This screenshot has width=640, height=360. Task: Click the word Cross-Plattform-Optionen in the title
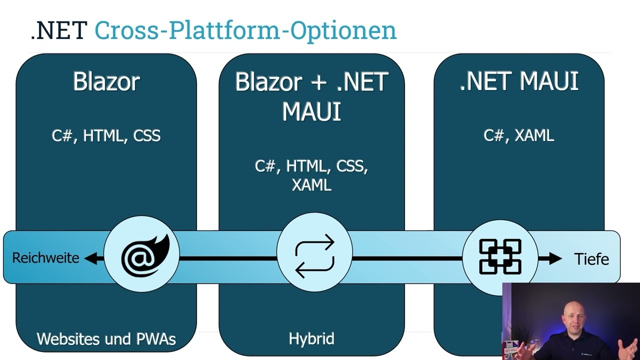point(245,31)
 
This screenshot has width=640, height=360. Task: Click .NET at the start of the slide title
point(59,31)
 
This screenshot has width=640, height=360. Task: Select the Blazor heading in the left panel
point(106,81)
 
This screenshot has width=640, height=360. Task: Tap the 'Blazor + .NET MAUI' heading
point(311,96)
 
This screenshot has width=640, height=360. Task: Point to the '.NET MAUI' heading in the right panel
point(518,81)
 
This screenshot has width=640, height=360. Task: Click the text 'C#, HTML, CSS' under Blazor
point(106,136)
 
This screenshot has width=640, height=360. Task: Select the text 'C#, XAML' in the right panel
point(518,135)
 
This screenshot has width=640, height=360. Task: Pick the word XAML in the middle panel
point(311,185)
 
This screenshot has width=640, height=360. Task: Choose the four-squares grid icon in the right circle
point(500,256)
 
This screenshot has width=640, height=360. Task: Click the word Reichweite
point(45,258)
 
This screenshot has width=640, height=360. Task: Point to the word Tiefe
point(591,259)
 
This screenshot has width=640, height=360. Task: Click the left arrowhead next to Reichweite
point(91,258)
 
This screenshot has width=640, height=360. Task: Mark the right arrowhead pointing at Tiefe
point(555,258)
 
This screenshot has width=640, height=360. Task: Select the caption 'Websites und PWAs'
point(106,339)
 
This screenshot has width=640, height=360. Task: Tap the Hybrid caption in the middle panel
point(311,339)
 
